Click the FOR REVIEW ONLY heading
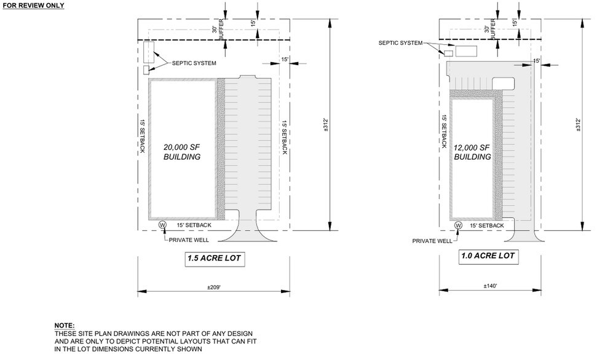pyautogui.click(x=33, y=5)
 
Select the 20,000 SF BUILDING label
pyautogui.click(x=181, y=152)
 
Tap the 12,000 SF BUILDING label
pyautogui.click(x=472, y=152)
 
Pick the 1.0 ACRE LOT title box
pyautogui.click(x=486, y=256)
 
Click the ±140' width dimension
pyautogui.click(x=490, y=286)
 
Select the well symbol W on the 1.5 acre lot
pyautogui.click(x=163, y=225)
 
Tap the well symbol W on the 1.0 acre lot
pyautogui.click(x=458, y=225)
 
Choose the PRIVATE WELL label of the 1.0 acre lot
pyautogui.click(x=432, y=241)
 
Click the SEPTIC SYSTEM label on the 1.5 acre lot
pyautogui.click(x=194, y=63)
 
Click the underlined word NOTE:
pyautogui.click(x=65, y=325)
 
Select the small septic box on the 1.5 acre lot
pyautogui.click(x=146, y=70)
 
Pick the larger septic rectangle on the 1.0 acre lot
pyautogui.click(x=466, y=50)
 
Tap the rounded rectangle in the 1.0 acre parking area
pyautogui.click(x=504, y=83)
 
